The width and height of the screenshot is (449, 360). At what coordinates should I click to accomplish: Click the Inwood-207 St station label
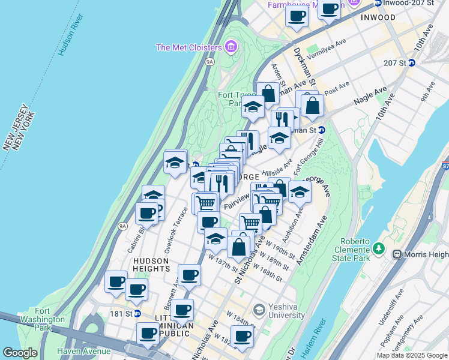[411, 3]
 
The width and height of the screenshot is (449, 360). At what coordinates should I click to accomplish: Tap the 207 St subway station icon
[412, 62]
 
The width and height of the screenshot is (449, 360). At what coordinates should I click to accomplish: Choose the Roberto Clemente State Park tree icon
[378, 248]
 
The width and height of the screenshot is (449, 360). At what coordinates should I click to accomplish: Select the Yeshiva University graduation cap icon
[259, 310]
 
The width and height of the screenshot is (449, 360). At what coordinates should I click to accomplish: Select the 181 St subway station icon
[137, 313]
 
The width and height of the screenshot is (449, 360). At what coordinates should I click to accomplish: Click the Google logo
[20, 353]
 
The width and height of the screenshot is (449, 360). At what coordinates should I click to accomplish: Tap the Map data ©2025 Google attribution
[411, 355]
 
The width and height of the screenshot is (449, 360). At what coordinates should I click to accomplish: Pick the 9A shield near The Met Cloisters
[209, 61]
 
